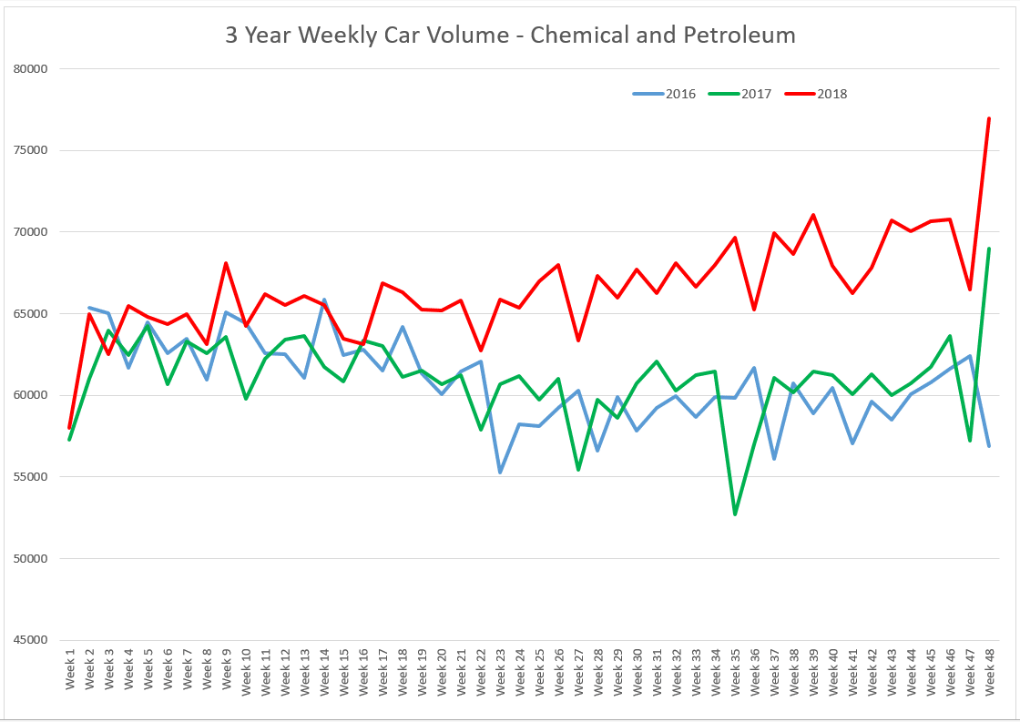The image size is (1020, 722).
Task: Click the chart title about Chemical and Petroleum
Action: pos(510,36)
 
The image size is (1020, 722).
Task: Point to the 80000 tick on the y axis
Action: pos(30,69)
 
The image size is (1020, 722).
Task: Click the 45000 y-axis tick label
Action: pos(30,640)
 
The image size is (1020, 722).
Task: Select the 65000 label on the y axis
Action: pos(30,314)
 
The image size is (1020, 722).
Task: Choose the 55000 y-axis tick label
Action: pos(30,477)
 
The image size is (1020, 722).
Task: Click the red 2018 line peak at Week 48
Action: pos(989,118)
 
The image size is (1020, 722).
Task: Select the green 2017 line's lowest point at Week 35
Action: pos(735,514)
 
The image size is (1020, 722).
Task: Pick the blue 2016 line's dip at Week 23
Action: pos(500,473)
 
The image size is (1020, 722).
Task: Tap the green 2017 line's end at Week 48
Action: pos(989,249)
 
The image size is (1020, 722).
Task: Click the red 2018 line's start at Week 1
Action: pos(69,427)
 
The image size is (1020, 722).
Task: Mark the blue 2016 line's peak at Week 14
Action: pos(324,300)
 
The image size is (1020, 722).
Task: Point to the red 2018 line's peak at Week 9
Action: pos(226,264)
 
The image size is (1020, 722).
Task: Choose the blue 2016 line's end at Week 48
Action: pos(989,446)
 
